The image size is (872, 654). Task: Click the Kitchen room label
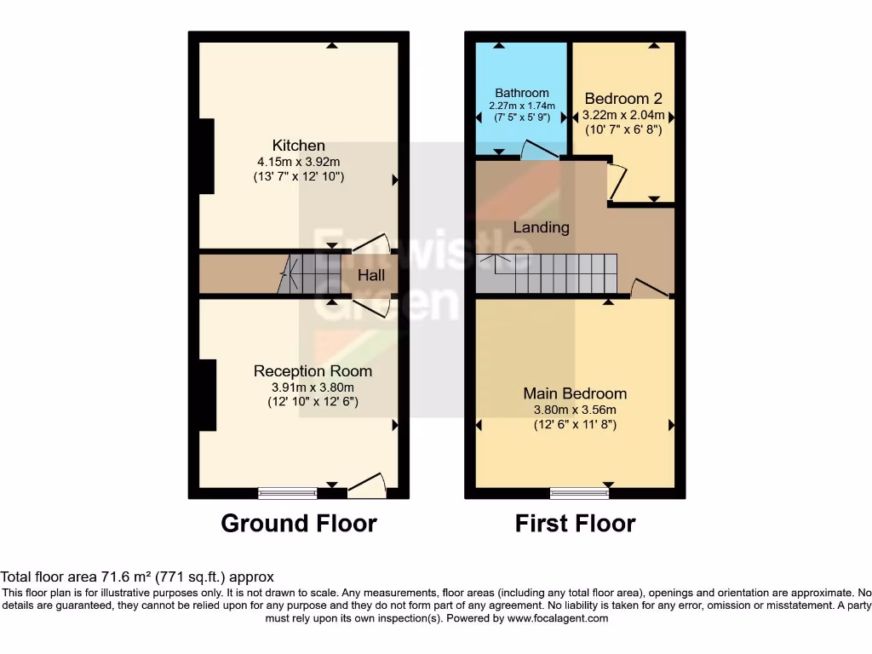tap(298, 146)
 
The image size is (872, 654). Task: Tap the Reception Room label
tap(313, 371)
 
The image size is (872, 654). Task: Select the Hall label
tap(371, 275)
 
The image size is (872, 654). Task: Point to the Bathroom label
tap(522, 93)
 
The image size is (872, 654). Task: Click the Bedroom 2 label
tap(623, 99)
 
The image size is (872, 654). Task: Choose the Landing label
tap(541, 227)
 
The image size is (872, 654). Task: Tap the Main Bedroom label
tap(575, 393)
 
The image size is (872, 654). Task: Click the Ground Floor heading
tap(298, 523)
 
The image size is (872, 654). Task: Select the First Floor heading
tap(575, 523)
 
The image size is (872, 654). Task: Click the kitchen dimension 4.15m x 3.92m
tap(298, 162)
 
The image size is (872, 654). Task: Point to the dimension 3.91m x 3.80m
tap(313, 387)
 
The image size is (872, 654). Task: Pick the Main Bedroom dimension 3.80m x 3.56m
tap(575, 409)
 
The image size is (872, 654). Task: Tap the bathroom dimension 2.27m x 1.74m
tap(522, 106)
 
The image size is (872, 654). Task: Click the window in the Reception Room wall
tap(288, 492)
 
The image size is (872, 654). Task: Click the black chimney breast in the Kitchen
tap(206, 157)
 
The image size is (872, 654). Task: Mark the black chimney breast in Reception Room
tap(207, 395)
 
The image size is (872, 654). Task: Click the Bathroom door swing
tap(538, 150)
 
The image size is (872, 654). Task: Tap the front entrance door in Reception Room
tap(367, 485)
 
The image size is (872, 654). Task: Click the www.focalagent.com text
tap(558, 618)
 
